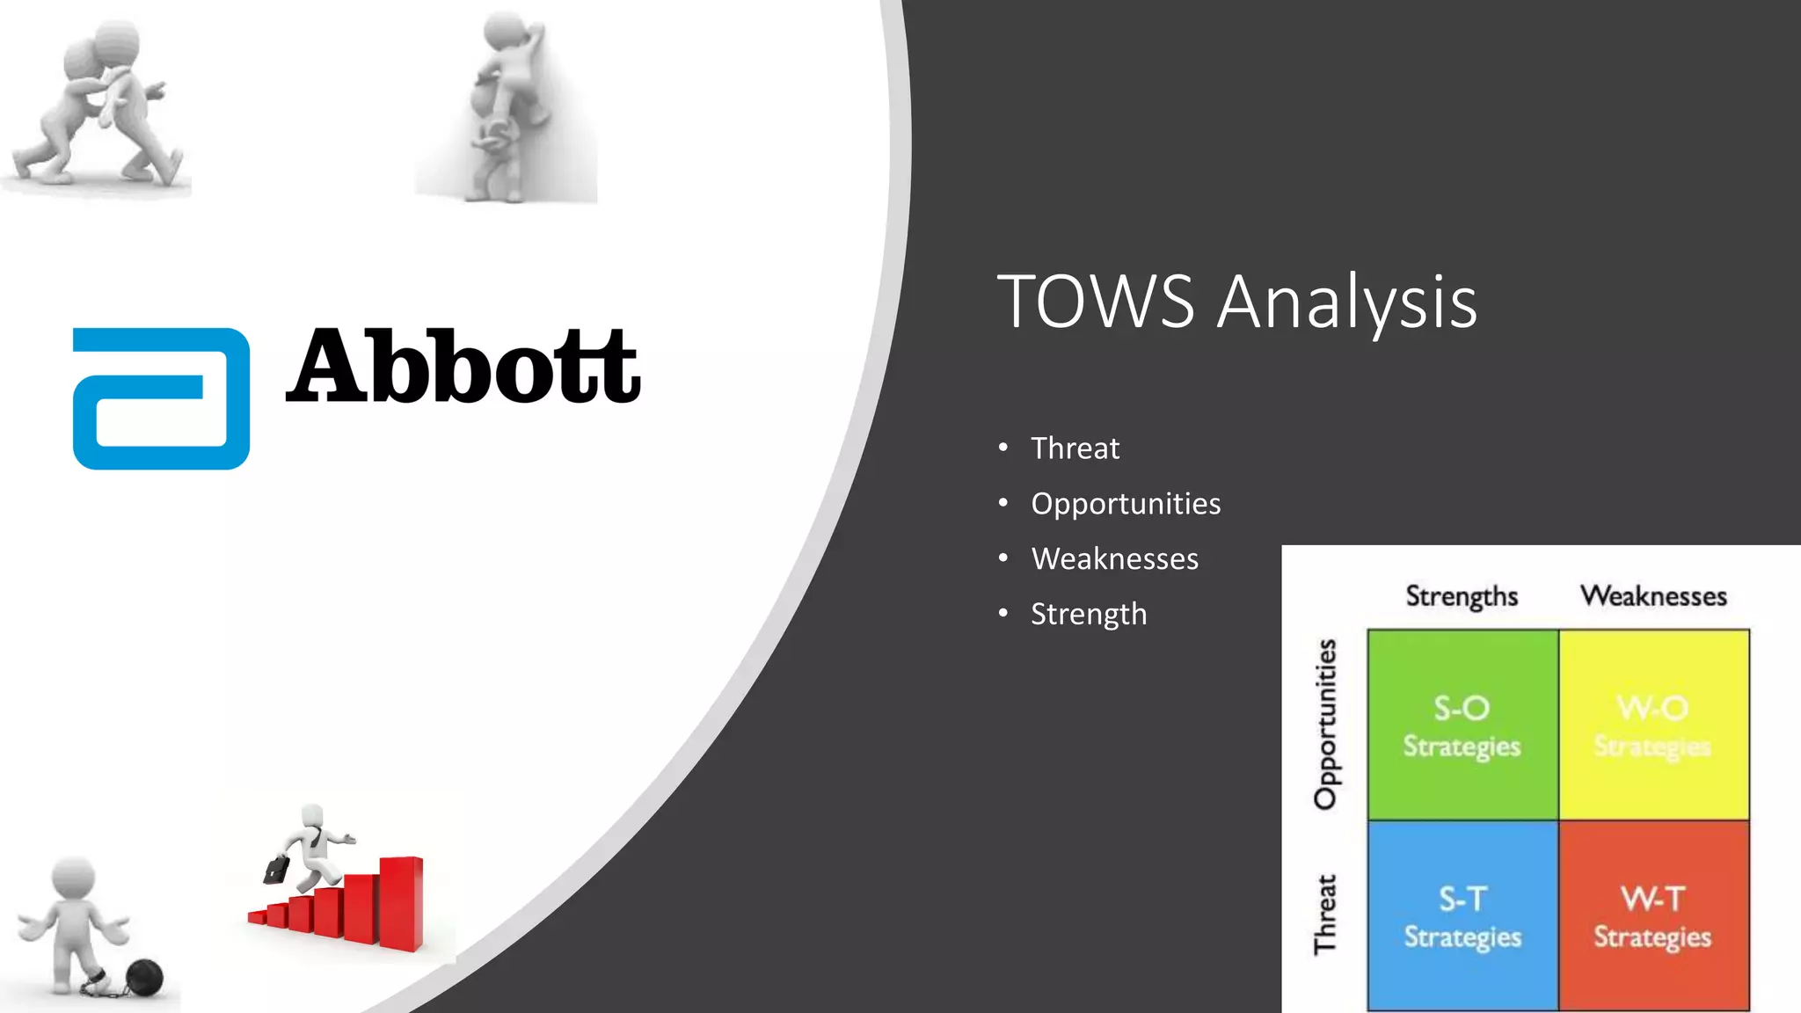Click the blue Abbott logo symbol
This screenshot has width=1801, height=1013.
click(x=161, y=398)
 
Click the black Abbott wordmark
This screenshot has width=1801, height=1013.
click(x=463, y=367)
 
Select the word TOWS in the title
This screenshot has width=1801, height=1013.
click(x=1095, y=302)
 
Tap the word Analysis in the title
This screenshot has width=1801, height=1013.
click(x=1346, y=302)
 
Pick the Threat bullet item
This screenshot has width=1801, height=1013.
click(x=1075, y=448)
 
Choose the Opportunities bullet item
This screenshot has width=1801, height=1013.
click(x=1126, y=504)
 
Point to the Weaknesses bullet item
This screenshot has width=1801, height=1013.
click(x=1114, y=559)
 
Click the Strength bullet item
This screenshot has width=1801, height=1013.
click(x=1089, y=614)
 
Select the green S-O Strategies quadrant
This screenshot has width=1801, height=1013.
click(x=1462, y=725)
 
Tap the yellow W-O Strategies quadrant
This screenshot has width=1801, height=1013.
click(x=1653, y=725)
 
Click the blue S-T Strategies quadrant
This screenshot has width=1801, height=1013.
click(x=1462, y=916)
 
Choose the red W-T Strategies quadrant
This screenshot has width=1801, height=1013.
click(x=1653, y=916)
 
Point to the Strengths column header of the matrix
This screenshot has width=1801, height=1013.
click(x=1462, y=596)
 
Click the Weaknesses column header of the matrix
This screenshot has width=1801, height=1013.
click(x=1653, y=596)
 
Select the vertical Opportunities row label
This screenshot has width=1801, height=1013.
click(x=1325, y=724)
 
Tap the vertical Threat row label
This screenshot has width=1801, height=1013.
click(x=1325, y=915)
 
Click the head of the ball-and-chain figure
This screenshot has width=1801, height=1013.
click(x=73, y=878)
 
